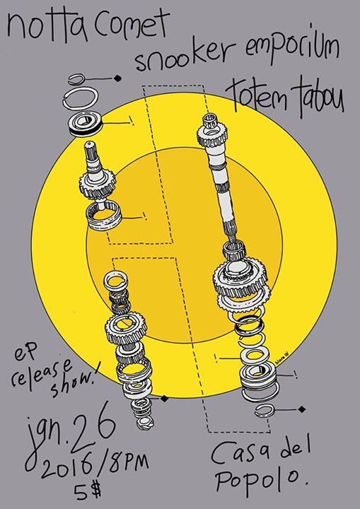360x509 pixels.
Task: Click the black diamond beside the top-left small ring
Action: coord(118,78)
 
